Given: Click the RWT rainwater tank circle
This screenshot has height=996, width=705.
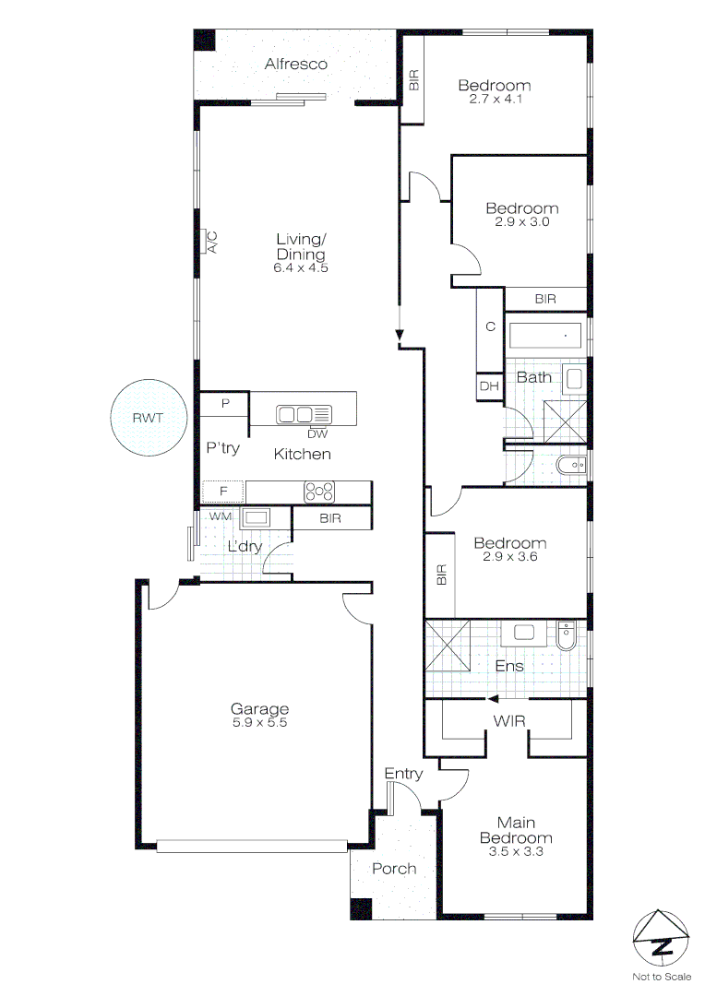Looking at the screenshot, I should coord(148,418).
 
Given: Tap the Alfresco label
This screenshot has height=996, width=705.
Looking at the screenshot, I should coord(296,65).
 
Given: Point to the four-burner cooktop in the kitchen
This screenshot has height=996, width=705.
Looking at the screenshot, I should coord(320,492).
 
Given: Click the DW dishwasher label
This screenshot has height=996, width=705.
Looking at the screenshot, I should coord(317,433).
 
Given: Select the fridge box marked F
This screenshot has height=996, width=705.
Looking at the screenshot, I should coord(222,492).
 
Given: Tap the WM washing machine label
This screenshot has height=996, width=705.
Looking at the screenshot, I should coord(219,516).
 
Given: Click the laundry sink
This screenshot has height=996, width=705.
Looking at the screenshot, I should coord(255,517).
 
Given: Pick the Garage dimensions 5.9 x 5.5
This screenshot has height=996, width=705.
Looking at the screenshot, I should coord(259,723).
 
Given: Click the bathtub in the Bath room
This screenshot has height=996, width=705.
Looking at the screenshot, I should coord(545,336).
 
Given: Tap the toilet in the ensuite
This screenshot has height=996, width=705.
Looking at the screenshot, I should coord(567,634).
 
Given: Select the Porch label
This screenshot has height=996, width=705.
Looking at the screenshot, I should coord(394,869).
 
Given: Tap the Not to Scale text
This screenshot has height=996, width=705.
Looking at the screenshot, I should coord(661,977).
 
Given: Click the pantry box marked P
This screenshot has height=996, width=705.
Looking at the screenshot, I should coord(225,403).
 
